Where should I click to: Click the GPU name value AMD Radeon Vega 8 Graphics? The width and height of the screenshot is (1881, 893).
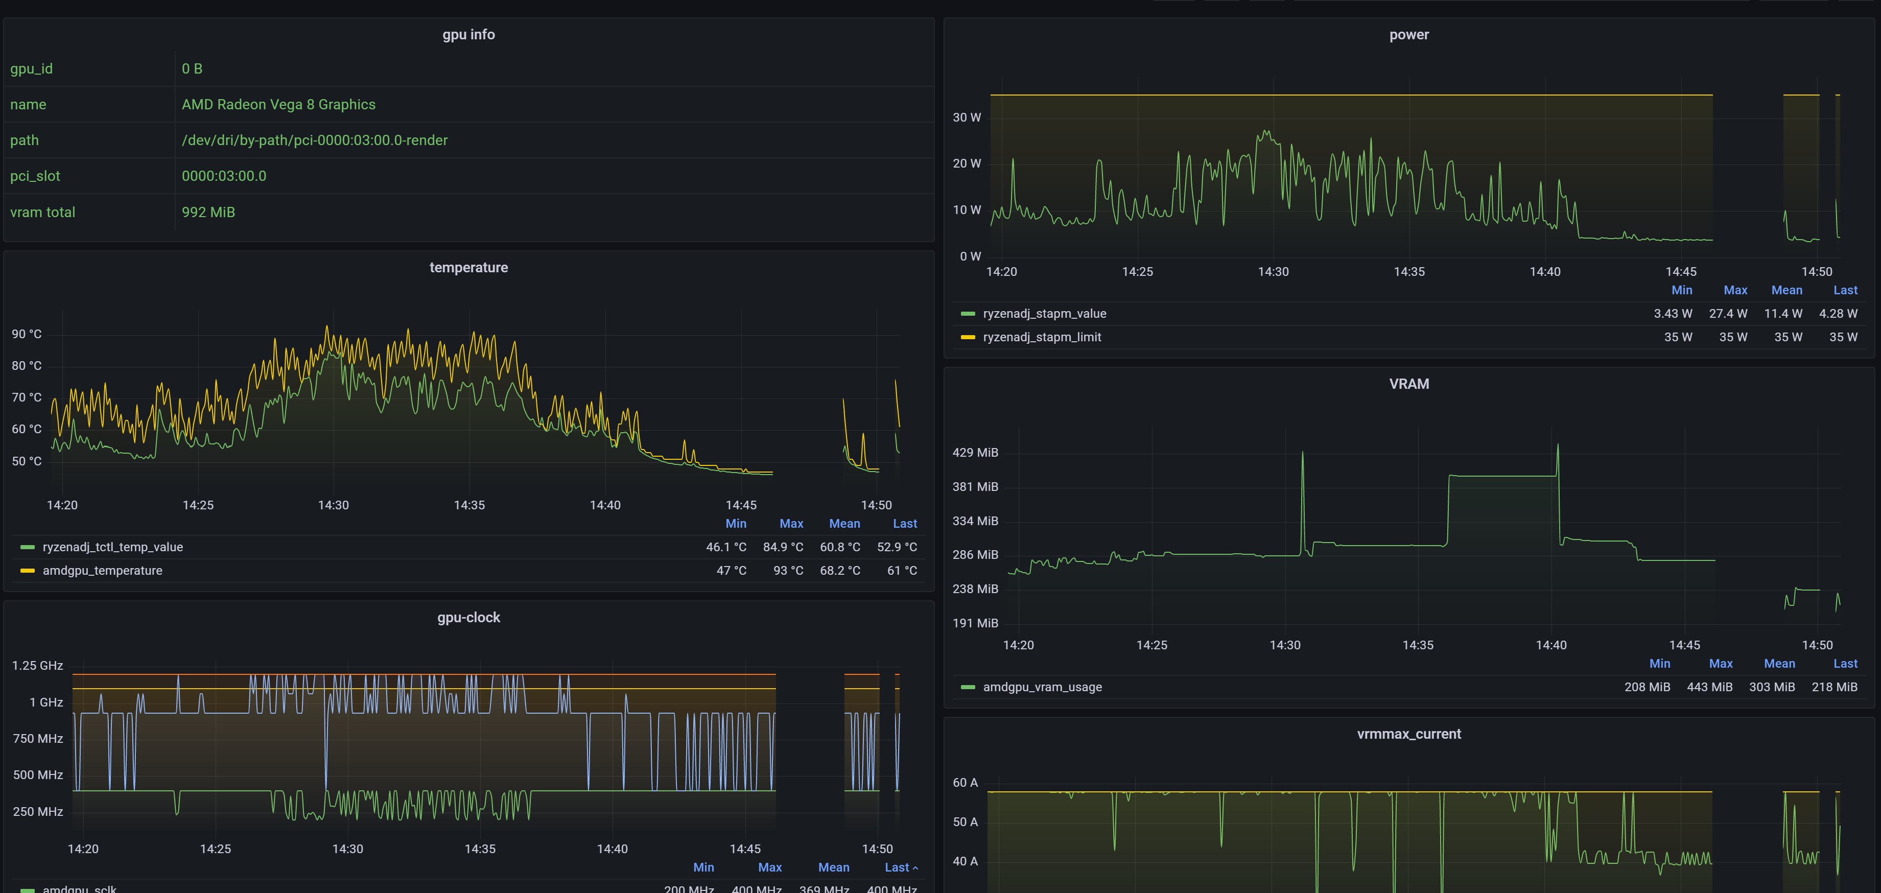click(278, 104)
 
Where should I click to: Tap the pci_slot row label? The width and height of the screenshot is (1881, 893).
click(35, 176)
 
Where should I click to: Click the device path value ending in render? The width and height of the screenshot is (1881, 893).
click(315, 140)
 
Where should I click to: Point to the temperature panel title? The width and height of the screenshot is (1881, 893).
click(468, 267)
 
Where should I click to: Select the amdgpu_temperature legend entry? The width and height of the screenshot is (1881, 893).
click(102, 570)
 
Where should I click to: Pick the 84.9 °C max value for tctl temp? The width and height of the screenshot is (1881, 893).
click(782, 547)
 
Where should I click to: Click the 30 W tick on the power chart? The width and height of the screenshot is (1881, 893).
click(966, 118)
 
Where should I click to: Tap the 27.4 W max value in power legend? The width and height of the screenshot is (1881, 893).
click(1728, 313)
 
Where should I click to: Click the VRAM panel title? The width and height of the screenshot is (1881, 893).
click(1408, 384)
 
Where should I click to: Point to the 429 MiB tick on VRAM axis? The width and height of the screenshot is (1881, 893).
click(975, 453)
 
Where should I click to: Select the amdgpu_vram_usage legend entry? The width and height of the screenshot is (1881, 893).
click(1042, 687)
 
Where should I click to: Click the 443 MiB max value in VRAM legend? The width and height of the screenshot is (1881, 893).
click(1709, 687)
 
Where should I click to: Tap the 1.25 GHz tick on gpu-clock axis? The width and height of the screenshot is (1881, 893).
click(37, 665)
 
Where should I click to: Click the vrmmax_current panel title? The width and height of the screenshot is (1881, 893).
click(1408, 734)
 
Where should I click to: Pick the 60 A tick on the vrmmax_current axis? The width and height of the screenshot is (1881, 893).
click(965, 783)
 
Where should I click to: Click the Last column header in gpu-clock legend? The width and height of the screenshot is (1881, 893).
click(898, 867)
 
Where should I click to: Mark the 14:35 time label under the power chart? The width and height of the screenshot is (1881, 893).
click(1408, 272)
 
